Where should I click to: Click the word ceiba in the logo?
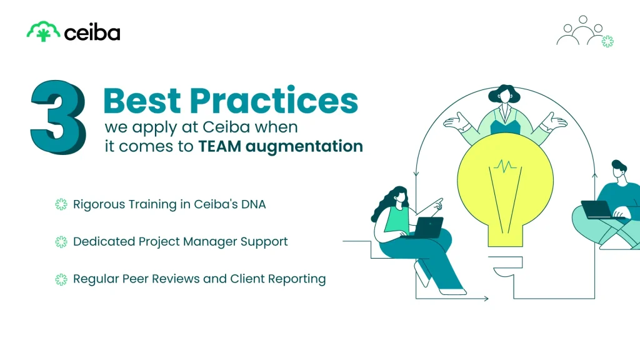92,32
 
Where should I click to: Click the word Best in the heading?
142,100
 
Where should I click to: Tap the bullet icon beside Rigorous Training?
61,204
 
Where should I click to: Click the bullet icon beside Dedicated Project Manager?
61,241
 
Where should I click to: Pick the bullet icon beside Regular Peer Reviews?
61,279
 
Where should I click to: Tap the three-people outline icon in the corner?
582,31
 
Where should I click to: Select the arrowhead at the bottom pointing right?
486,299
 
